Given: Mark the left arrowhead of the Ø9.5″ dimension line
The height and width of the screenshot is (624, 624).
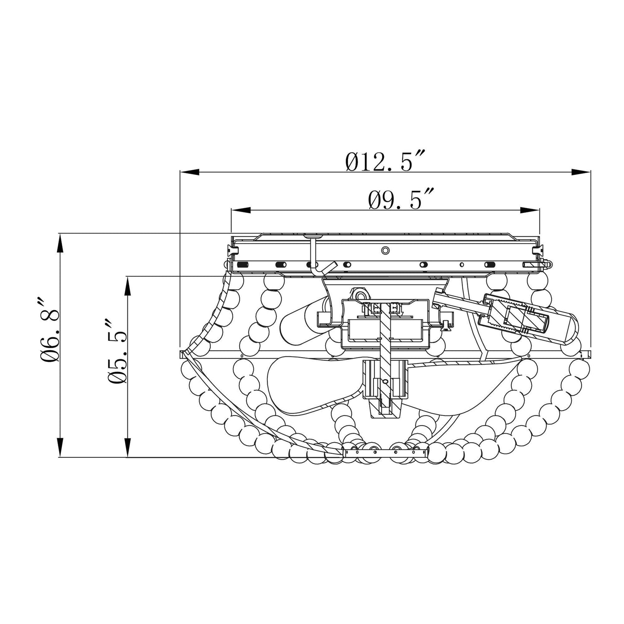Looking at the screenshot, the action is (x=241, y=210).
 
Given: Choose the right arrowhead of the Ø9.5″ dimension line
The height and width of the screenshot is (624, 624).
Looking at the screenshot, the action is (x=530, y=210).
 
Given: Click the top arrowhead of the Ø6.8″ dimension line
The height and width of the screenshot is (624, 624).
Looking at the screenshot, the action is (x=60, y=243).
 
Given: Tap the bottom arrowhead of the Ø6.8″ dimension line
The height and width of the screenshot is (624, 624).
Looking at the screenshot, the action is (x=60, y=447).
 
